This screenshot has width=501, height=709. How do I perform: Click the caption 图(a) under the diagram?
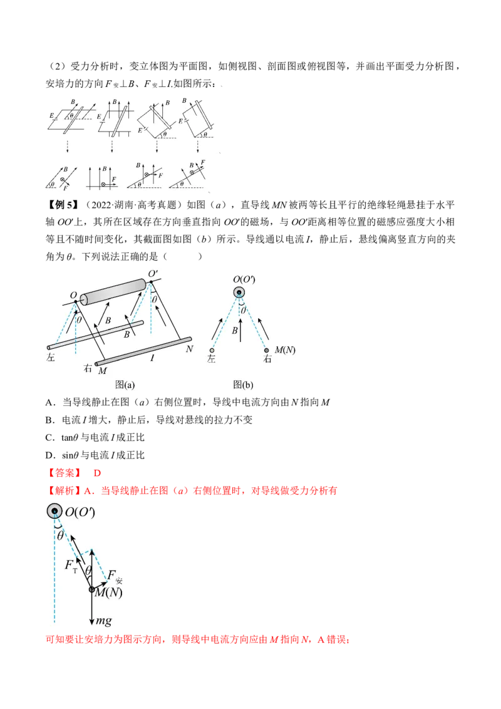tap(125, 385)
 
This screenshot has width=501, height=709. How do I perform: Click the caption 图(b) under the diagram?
tap(243, 385)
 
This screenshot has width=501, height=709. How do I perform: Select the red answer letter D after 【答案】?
tap(97, 473)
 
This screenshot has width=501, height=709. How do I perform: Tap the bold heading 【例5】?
tap(63, 205)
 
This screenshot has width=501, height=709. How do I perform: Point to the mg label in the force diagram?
tap(103, 621)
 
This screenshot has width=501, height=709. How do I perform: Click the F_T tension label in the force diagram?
tap(71, 566)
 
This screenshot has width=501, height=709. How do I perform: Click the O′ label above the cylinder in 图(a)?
tap(153, 274)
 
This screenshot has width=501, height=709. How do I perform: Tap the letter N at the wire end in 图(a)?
tap(190, 349)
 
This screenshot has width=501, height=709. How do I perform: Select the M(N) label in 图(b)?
tap(285, 350)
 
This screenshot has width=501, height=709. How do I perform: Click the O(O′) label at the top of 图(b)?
tap(244, 279)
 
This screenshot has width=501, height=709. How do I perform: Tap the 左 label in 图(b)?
tap(211, 359)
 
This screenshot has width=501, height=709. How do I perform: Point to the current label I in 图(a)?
tap(152, 358)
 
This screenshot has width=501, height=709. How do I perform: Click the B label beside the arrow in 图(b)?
tap(235, 331)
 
